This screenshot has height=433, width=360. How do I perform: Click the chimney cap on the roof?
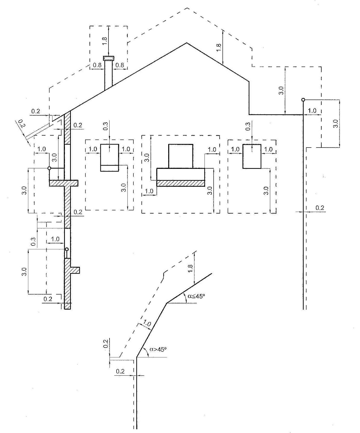(108, 58)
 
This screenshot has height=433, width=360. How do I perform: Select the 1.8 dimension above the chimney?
(105, 40)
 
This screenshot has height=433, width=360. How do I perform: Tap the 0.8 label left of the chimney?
(97, 65)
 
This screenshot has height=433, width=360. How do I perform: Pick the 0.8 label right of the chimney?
(120, 65)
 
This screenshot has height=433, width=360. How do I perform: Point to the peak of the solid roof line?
(186, 43)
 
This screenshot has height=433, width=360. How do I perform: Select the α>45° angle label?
(158, 349)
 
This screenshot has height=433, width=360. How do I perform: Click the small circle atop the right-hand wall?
(303, 100)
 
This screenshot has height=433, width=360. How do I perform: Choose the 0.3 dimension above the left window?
(105, 126)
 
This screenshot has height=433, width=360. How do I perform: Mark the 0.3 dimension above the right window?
(248, 126)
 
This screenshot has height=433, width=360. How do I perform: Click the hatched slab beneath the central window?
(181, 183)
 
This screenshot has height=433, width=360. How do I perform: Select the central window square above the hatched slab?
(181, 156)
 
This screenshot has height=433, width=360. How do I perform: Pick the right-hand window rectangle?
(252, 156)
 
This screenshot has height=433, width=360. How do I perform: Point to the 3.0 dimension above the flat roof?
(281, 90)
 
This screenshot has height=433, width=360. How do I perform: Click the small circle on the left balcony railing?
(49, 168)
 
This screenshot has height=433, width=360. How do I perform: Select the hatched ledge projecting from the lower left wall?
(75, 270)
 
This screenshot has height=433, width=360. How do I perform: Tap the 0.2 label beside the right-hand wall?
(320, 208)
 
